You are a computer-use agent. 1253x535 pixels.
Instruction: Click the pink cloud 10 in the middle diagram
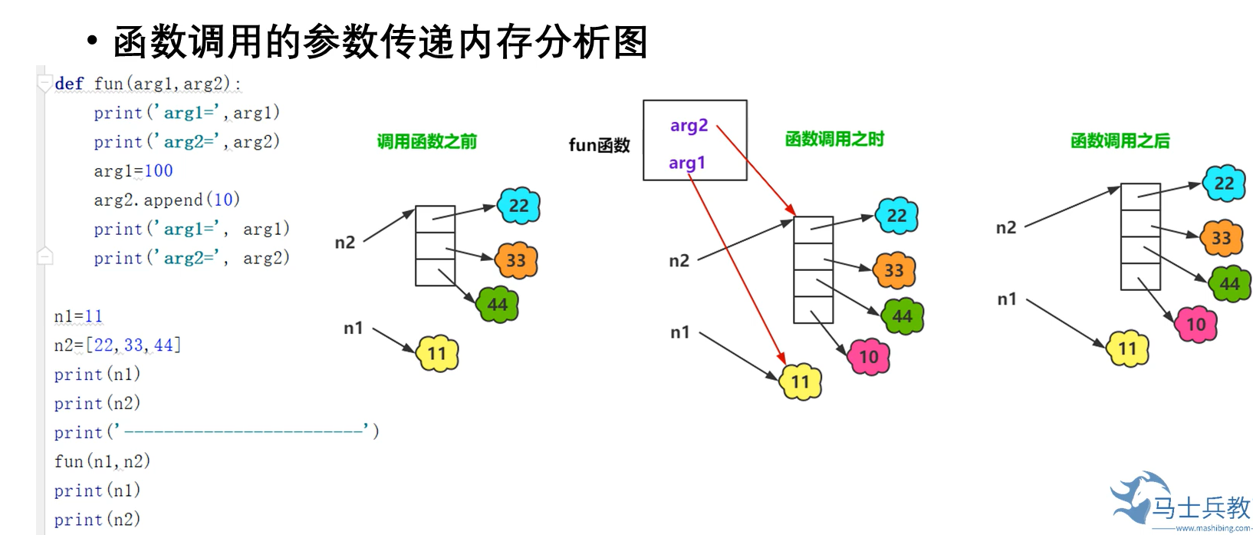(869, 357)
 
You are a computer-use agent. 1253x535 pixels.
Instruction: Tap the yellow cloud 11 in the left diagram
(437, 354)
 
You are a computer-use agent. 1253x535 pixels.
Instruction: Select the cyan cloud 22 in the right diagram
(1224, 183)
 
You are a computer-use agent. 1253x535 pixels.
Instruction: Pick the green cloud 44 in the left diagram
(498, 305)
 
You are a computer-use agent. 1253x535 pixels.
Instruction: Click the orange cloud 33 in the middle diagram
(894, 270)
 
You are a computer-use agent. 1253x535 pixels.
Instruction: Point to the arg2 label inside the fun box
(689, 126)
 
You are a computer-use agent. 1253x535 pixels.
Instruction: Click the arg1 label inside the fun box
(686, 163)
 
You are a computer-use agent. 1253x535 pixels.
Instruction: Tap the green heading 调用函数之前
(427, 141)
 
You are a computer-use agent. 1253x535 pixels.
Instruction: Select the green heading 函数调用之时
(834, 139)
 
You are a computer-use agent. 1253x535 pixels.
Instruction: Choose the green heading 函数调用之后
(1120, 140)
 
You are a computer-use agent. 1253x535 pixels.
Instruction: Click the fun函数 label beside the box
(599, 145)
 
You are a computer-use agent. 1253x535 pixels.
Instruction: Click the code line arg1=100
(133, 170)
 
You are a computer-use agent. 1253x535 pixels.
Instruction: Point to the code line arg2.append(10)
(166, 200)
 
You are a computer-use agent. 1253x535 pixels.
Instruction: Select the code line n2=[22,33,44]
(117, 345)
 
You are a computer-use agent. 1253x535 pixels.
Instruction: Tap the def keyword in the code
(69, 83)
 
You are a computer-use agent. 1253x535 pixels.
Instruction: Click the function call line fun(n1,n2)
(102, 461)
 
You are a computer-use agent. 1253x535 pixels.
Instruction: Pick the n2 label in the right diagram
(1005, 227)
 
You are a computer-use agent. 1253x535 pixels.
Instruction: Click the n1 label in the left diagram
(353, 329)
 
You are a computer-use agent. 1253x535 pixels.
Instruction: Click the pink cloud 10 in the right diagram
(1196, 325)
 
